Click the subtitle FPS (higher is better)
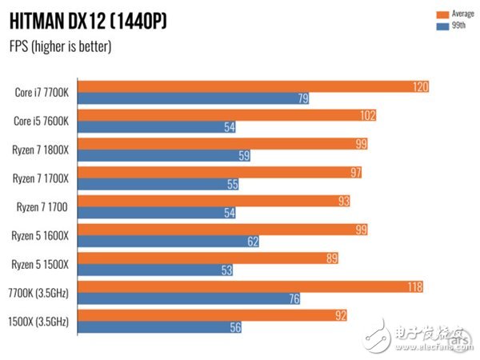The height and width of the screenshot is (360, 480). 60,46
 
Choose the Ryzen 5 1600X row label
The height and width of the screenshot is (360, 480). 41,236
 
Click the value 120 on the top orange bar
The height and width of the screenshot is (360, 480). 420,86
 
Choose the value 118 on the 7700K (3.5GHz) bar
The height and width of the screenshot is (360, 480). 414,286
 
